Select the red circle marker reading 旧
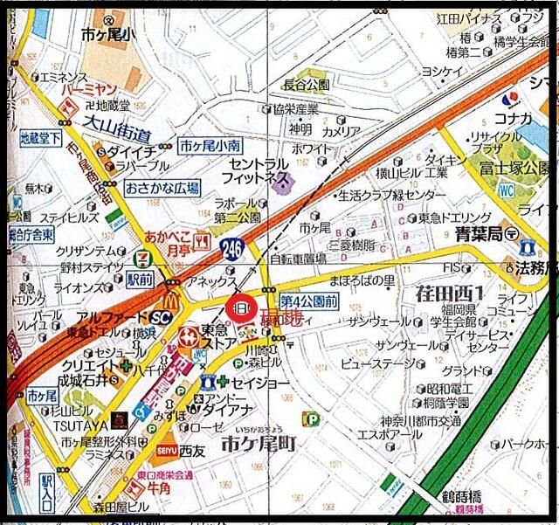(x=241, y=307)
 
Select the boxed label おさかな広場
(x=162, y=187)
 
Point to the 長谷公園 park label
(x=307, y=85)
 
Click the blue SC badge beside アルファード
(x=159, y=318)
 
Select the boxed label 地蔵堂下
(x=40, y=138)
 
